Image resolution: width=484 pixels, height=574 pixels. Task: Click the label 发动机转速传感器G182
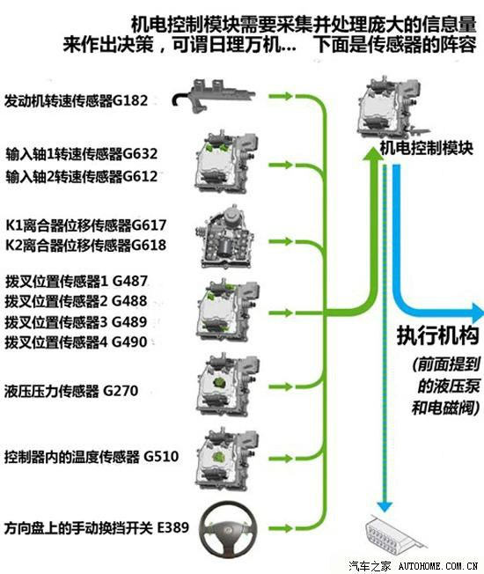pos(76,100)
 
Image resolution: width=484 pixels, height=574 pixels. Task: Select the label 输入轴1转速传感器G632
pos(82,154)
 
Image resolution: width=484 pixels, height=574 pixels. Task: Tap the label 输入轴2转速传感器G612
pos(82,176)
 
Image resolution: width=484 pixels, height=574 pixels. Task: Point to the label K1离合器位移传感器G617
pos(86,224)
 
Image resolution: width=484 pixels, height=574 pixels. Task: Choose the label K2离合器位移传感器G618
pos(86,245)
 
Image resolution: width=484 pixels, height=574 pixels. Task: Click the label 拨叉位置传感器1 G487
pos(76,281)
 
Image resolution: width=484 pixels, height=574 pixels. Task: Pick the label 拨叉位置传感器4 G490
pos(76,342)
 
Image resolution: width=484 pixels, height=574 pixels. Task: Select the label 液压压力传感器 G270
pos(71,391)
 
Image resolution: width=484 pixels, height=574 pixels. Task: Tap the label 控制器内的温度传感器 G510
pos(92,457)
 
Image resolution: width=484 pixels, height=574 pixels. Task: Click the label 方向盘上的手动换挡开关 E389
pos(97,527)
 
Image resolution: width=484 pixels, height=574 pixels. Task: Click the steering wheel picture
pos(228,528)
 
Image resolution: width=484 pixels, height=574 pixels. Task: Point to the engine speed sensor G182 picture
pos(214,96)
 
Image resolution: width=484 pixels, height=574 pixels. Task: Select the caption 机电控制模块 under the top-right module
pos(427,148)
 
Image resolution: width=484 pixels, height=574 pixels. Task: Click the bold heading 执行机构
pos(438,335)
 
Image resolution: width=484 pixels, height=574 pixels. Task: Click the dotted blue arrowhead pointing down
pos(385,506)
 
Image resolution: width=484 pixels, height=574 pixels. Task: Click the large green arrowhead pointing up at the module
pos(373,153)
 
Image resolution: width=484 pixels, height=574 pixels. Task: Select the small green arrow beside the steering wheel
pos(281,528)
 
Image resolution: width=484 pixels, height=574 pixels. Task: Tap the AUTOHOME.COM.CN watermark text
pos(438,565)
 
